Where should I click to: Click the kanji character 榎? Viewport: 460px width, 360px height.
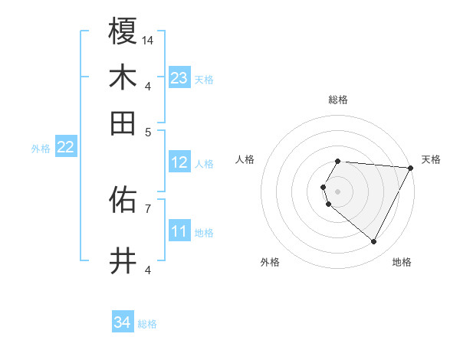coord(123,32)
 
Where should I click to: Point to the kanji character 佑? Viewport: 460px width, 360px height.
coord(123,201)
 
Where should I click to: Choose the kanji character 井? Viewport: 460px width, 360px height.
coord(123,261)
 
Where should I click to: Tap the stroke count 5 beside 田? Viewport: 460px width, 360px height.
coord(149,131)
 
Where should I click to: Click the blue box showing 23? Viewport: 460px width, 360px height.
coord(179,78)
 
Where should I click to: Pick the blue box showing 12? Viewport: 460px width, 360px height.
coord(179,162)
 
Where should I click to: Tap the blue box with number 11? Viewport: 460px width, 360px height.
coord(179,231)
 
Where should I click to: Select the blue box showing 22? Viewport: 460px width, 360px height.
coord(65,148)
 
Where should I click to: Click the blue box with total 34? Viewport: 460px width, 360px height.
coord(123,323)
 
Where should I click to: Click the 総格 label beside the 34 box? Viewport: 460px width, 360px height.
coord(147,324)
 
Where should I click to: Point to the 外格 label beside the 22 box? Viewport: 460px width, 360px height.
coord(40,149)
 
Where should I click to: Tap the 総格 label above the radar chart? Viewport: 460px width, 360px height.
coord(337,100)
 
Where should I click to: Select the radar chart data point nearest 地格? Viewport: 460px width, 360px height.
coord(374,242)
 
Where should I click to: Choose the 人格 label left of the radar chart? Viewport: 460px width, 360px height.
coord(245,159)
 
